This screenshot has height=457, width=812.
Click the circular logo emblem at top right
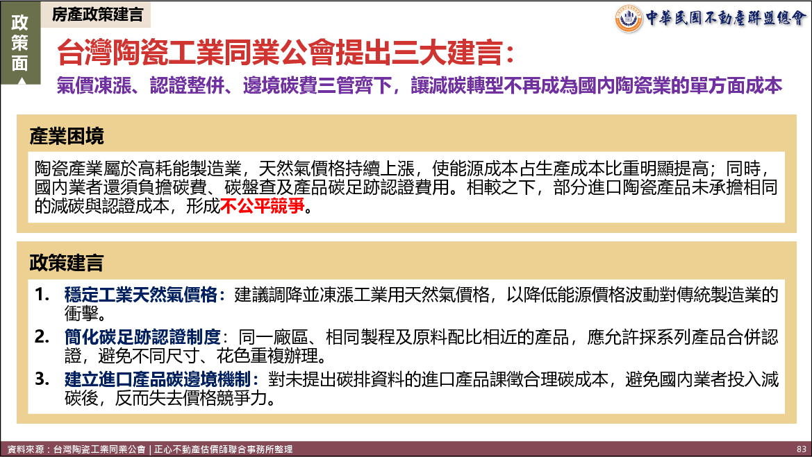629,18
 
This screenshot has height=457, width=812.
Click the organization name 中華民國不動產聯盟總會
726,18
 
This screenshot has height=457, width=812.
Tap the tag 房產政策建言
97,15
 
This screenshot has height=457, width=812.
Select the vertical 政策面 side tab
19,43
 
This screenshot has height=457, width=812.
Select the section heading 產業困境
67,137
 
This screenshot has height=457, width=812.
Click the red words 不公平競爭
263,206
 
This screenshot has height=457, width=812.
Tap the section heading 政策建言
67,263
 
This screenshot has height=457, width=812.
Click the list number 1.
42,295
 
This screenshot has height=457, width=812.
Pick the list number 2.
42,337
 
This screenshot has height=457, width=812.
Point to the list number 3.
42,379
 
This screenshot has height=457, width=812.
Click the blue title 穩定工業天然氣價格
141,295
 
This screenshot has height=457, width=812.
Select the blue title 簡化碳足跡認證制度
142,337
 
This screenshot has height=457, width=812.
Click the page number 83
801,449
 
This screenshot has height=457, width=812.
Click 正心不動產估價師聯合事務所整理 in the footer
223,449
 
